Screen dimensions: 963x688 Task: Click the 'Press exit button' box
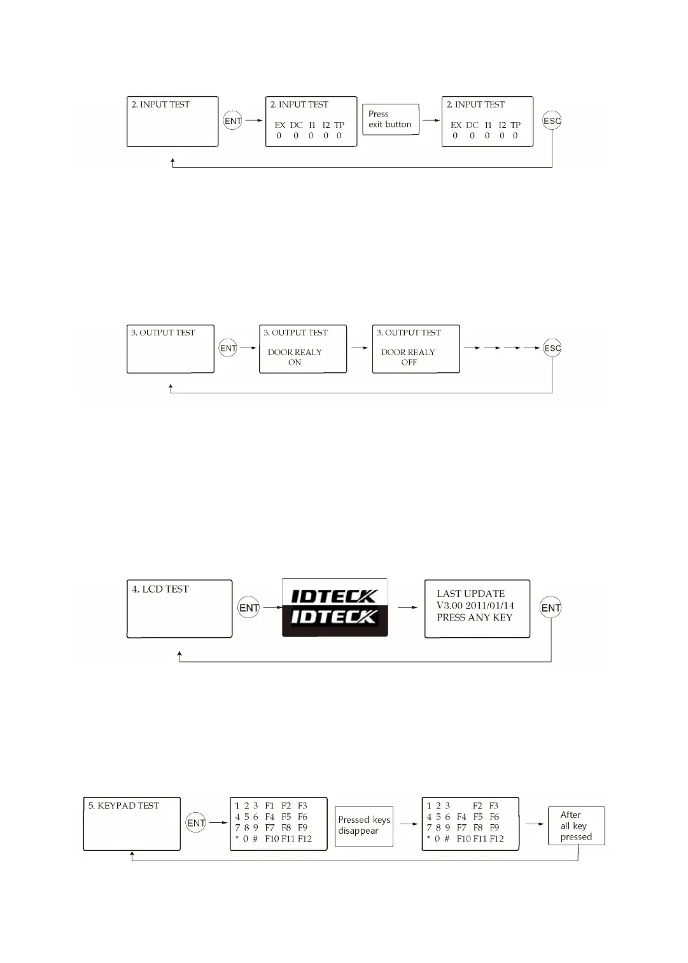click(x=390, y=119)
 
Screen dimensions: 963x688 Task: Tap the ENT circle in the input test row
click(x=233, y=121)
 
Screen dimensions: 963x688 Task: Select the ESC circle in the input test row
click(x=552, y=121)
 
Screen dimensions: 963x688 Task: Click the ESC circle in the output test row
click(x=552, y=348)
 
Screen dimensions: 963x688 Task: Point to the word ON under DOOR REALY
click(x=295, y=362)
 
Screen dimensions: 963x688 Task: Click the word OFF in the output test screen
click(x=409, y=362)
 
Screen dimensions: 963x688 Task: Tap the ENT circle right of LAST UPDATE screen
click(x=551, y=608)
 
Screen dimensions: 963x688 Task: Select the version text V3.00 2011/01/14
click(x=475, y=605)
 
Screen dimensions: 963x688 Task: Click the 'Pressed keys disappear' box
click(x=364, y=825)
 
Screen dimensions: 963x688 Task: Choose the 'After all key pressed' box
click(x=576, y=826)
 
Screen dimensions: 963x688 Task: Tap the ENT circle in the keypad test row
click(x=196, y=823)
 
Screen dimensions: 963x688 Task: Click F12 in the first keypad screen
click(x=305, y=839)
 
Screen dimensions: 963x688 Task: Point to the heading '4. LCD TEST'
click(x=160, y=589)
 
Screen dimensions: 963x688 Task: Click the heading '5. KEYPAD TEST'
click(x=123, y=806)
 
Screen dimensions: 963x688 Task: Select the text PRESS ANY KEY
click(x=474, y=617)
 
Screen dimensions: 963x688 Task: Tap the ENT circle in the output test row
click(x=228, y=348)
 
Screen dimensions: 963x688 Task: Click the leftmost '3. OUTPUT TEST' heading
click(x=163, y=332)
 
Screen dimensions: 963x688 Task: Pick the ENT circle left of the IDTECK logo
click(x=249, y=608)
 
